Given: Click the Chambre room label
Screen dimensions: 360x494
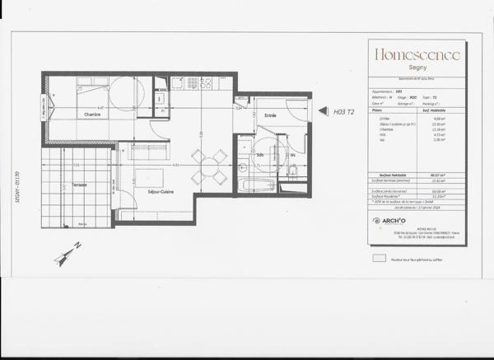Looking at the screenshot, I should tap(91, 115).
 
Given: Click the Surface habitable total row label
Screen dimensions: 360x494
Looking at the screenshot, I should tap(386, 176).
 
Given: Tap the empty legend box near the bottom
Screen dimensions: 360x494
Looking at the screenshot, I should tap(379, 257).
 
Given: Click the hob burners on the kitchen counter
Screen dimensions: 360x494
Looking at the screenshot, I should tap(200, 83).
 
